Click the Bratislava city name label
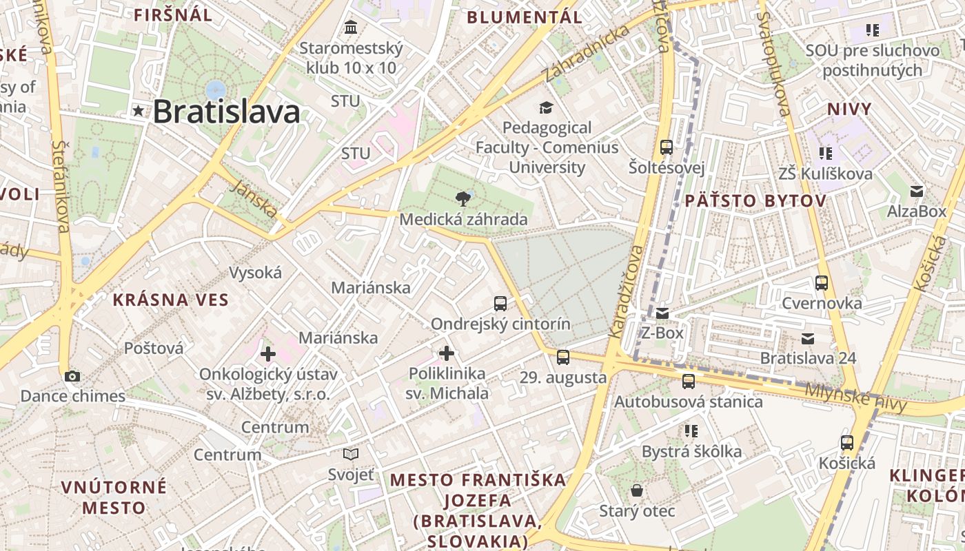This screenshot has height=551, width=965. [226, 112]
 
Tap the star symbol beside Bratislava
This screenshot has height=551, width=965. [139, 110]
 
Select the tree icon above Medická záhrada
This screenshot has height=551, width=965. [464, 199]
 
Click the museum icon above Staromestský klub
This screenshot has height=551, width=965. [351, 28]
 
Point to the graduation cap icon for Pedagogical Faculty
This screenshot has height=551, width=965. [546, 107]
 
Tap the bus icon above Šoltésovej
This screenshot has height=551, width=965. [666, 147]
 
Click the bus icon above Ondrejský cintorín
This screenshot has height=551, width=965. [500, 303]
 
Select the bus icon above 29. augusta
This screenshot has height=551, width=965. [563, 357]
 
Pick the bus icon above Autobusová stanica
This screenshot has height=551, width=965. [688, 381]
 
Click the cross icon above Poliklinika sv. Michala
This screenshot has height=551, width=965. [447, 353]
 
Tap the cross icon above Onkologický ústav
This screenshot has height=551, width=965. [268, 354]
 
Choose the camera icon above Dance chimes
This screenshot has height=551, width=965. [72, 376]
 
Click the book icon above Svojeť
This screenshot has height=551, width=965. [351, 454]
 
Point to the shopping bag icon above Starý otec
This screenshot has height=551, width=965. [636, 490]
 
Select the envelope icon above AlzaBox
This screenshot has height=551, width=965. [917, 191]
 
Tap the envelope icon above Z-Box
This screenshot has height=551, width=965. [662, 313]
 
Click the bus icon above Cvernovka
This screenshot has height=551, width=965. [821, 282]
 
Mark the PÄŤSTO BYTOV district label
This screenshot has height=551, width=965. [755, 201]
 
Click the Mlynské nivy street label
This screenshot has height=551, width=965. [856, 397]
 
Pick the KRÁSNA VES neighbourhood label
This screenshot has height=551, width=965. [170, 300]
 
